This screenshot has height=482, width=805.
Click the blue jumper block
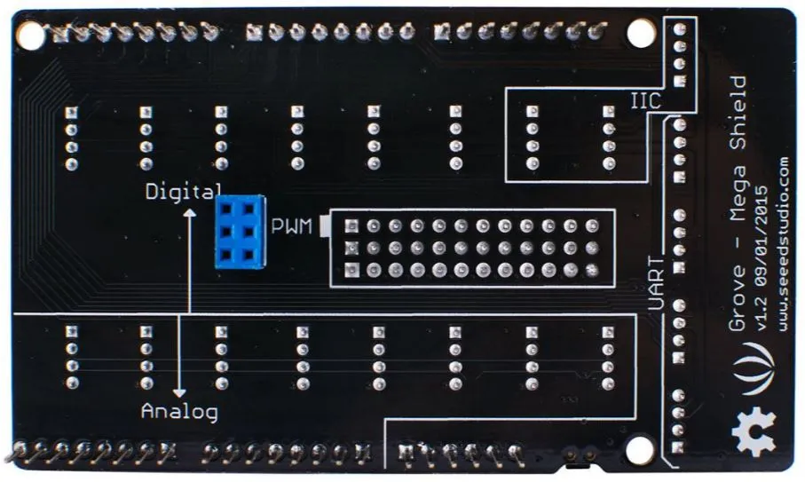coord(241,232)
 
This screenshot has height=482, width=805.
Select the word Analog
coord(179,412)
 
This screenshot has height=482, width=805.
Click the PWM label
coord(291,226)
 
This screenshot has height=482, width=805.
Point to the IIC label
coord(646,101)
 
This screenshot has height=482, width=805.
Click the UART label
coord(657,283)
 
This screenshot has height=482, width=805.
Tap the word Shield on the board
coord(738,113)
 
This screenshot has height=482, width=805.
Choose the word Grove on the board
coord(738,298)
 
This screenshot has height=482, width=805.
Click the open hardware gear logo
coord(754,432)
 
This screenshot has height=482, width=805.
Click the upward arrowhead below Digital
coord(190,213)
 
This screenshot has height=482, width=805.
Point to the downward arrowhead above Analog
coord(179,392)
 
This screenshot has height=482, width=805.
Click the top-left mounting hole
coord(31,36)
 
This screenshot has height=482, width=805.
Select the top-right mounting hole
coord(641,32)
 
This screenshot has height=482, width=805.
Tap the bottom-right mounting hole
coord(640,450)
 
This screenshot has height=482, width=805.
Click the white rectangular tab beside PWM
coord(325,226)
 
